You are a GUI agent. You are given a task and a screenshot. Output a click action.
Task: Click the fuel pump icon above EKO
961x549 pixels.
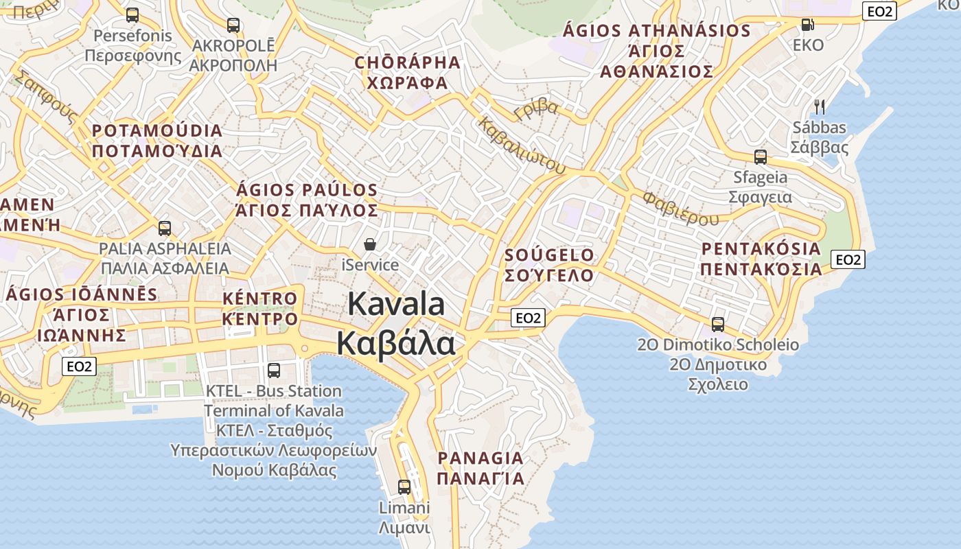(808, 25)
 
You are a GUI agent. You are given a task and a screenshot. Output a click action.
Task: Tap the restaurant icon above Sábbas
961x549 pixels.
(819, 106)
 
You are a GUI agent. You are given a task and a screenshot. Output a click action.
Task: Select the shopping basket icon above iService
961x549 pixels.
(370, 244)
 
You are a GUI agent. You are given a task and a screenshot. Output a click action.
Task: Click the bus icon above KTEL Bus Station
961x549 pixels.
(274, 370)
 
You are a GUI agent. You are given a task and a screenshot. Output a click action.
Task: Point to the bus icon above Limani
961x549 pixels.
(404, 487)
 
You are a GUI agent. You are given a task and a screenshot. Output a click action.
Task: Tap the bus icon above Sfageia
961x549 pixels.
(760, 156)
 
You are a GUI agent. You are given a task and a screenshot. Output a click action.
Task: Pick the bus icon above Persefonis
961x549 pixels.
(132, 14)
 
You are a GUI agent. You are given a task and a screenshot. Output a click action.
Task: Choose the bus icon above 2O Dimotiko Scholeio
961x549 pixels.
(718, 324)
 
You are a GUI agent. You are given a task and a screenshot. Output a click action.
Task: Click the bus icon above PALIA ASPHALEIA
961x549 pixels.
(165, 228)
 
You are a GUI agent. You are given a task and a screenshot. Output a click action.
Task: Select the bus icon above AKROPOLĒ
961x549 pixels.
(233, 25)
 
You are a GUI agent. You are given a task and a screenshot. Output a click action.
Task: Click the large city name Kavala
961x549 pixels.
(396, 304)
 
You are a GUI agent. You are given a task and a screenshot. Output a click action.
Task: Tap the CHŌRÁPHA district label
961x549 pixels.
(407, 63)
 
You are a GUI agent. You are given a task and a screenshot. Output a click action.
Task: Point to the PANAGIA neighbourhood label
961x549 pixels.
(480, 458)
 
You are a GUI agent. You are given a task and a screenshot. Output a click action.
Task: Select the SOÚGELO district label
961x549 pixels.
(549, 255)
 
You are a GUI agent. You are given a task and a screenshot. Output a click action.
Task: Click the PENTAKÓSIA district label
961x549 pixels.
(761, 248)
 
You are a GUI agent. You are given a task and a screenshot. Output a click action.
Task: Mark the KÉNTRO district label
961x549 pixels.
(260, 299)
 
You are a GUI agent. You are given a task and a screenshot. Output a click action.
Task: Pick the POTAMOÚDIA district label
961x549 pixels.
(157, 131)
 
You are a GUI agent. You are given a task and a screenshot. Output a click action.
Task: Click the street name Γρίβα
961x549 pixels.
(536, 109)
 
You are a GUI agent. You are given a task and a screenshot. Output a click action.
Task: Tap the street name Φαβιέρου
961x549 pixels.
(680, 209)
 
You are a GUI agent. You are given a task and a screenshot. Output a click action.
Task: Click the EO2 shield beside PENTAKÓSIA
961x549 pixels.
(848, 259)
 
